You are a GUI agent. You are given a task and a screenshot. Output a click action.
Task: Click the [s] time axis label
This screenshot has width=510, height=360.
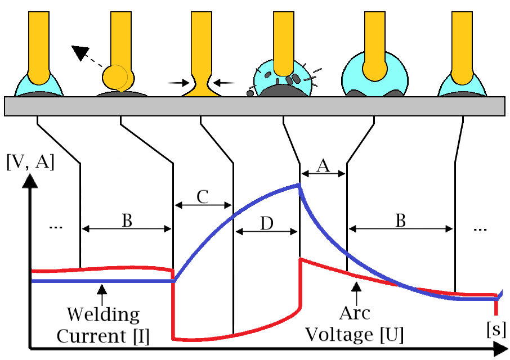click(495, 328)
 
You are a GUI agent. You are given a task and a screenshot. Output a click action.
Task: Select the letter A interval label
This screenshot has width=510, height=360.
click(323, 165)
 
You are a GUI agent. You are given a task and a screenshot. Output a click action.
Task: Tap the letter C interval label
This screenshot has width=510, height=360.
click(203, 196)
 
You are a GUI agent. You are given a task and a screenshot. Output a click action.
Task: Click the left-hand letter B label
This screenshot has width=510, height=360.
click(127, 220)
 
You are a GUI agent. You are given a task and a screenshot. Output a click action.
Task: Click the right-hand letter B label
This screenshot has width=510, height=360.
click(400, 220)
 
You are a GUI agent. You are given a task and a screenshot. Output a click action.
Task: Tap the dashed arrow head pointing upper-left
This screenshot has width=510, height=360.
click(79, 52)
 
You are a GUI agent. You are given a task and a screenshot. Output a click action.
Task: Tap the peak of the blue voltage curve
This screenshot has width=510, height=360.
click(298, 185)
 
